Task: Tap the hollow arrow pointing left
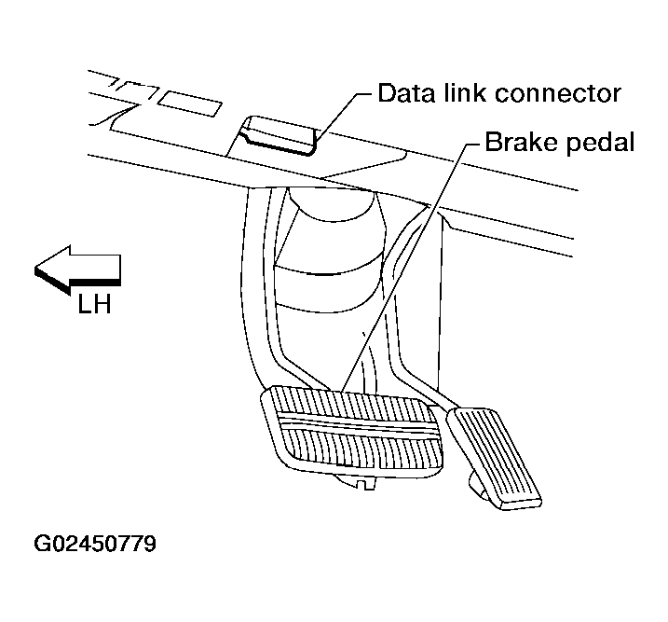coord(79,265)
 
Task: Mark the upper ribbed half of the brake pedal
coord(354,408)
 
